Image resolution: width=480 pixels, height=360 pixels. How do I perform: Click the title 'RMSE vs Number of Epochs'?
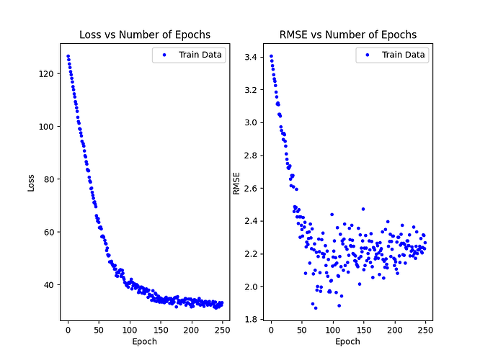pos(347,35)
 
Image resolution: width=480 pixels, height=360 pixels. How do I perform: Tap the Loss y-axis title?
pos(31,183)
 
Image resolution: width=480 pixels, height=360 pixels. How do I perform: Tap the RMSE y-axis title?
pos(236,183)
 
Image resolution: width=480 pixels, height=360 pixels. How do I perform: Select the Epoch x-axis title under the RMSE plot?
pos(347,341)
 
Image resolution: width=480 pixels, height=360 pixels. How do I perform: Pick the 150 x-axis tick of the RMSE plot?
pos(363,330)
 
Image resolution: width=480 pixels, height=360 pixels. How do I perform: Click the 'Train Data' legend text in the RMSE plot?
pos(404,55)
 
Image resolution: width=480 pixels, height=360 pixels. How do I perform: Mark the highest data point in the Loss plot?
pos(68,56)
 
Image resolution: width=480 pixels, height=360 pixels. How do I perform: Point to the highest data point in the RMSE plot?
pos(271,56)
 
